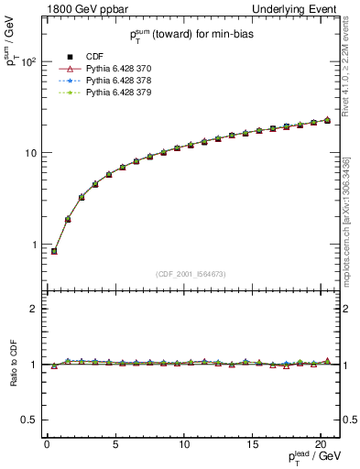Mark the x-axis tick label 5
tap(115, 446)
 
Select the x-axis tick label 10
tap(184, 446)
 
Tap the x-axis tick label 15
tap(253, 446)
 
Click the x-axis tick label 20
tap(322, 446)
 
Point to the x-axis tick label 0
tap(47, 446)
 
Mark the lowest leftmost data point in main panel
tap(54, 251)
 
